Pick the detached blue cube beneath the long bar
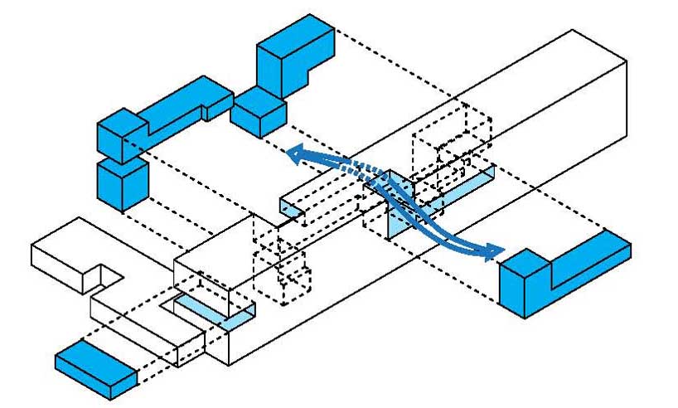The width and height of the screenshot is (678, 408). pyautogui.click(x=121, y=183)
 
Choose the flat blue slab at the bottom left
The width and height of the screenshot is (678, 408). pyautogui.click(x=97, y=367)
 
